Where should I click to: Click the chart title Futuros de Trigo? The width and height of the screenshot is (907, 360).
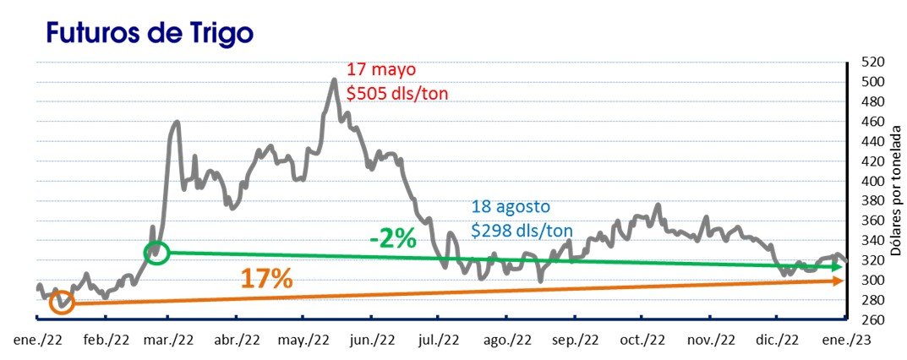pos(150,33)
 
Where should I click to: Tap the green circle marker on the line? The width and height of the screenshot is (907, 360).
pos(156,252)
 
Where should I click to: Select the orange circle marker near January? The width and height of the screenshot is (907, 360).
pos(62,303)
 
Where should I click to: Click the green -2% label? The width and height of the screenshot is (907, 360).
pos(393,238)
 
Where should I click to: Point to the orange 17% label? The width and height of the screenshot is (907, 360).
pos(266,279)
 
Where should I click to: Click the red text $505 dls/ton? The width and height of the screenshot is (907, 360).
pos(397,93)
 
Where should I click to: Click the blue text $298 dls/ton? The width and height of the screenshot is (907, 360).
pos(522,229)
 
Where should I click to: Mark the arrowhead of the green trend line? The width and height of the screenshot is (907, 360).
pos(838,266)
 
